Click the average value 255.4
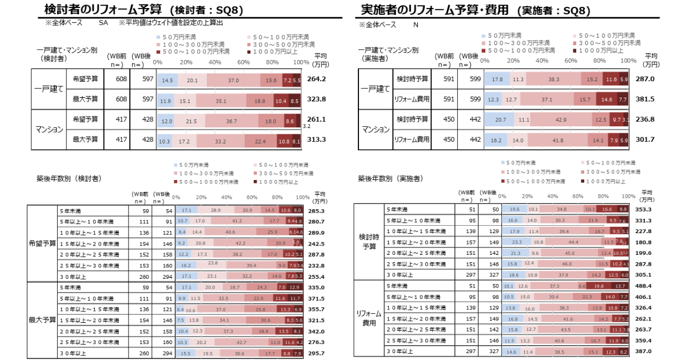316,276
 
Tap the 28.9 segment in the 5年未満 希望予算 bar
216,210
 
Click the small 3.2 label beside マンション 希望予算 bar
306,126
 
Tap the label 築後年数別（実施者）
391,179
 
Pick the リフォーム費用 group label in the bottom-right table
369,318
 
